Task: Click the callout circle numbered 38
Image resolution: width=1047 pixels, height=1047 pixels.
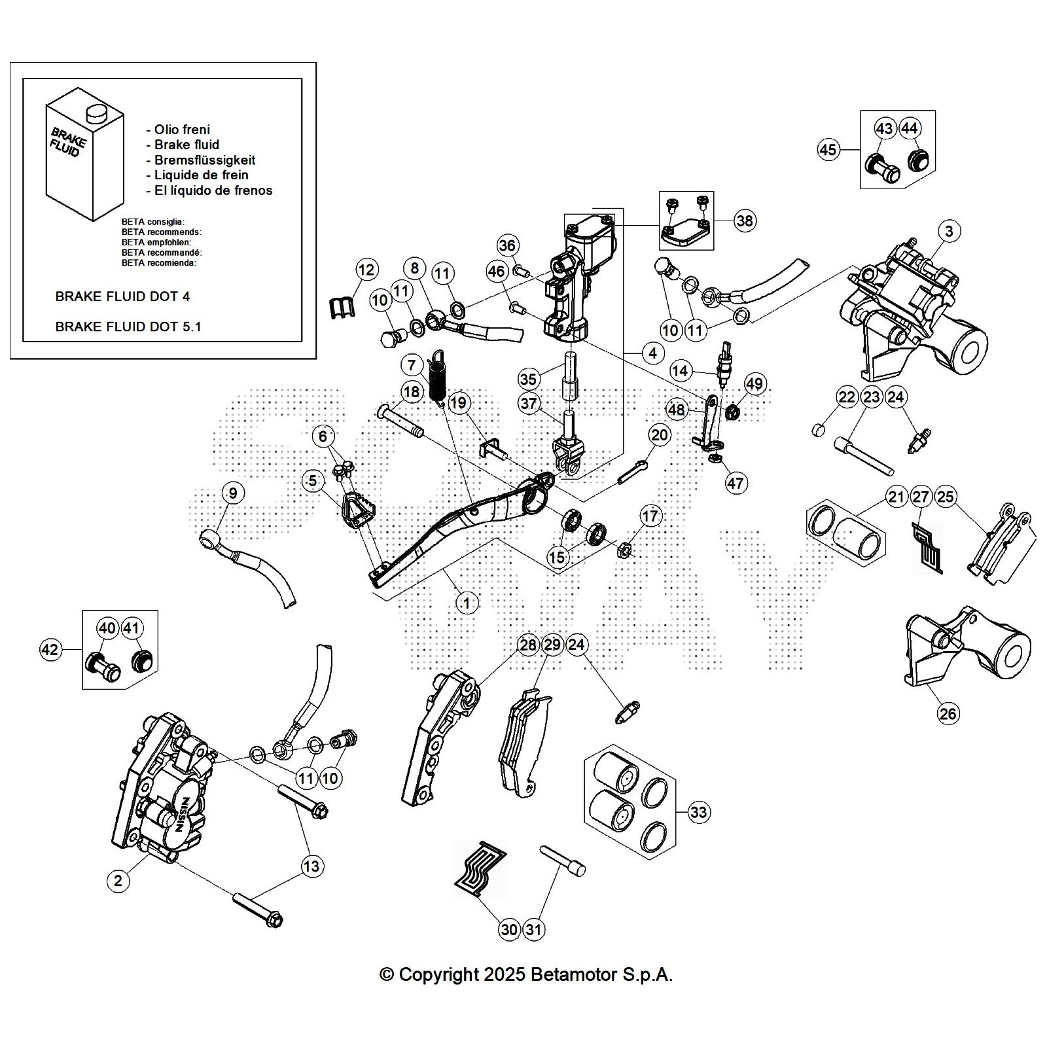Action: coord(745,221)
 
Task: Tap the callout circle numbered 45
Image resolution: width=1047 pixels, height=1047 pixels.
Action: coord(828,150)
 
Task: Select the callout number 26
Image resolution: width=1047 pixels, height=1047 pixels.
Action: coord(948,713)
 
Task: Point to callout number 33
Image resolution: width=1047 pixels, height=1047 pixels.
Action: coord(699,812)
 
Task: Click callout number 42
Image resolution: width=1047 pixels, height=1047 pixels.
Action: coord(50,650)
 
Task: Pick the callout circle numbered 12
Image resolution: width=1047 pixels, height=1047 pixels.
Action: coord(366,270)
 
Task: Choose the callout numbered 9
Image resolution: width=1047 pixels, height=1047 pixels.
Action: coord(232,492)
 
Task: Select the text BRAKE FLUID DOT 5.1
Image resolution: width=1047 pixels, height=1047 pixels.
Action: coord(128,327)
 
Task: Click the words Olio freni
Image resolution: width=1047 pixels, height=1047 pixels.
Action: coord(182,130)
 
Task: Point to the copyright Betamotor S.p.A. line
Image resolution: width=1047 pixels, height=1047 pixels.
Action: coord(526,975)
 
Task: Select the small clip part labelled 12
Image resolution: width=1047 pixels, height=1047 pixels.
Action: coord(340,306)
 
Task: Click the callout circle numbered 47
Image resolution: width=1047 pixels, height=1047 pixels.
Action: coord(736,483)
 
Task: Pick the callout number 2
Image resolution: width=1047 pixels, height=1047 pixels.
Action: coord(118,881)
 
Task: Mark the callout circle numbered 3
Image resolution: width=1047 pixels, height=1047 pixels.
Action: coord(949,230)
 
